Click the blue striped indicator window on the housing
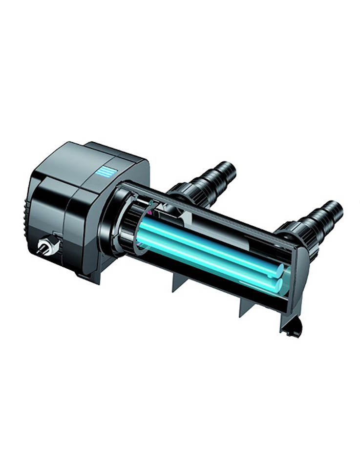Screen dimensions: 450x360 (x=105, y=171)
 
